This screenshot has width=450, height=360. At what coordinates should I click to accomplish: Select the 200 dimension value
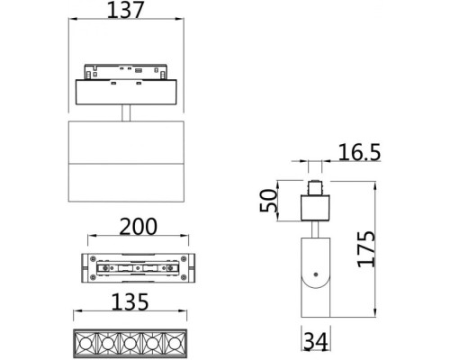click(139, 225)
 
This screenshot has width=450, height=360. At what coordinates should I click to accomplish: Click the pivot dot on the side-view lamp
click(315, 272)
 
